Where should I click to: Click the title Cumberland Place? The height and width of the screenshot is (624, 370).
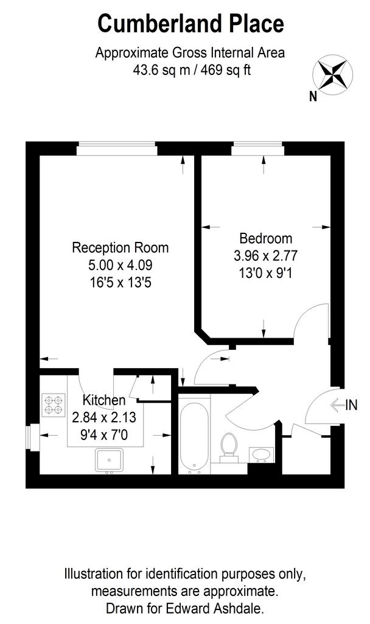pos(190,24)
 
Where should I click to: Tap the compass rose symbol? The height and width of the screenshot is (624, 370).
pos(332,75)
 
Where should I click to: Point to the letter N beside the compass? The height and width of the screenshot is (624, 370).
pos(313,96)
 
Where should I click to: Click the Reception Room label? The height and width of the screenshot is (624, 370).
pos(120,247)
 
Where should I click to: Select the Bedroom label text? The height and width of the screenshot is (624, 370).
pos(265,238)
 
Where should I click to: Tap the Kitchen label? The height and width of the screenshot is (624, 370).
pos(103,400)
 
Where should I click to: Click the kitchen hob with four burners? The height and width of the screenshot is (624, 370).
pos(54,405)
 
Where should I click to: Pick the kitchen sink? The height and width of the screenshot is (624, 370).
pos(109,461)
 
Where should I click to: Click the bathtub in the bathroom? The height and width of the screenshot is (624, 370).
pos(194,434)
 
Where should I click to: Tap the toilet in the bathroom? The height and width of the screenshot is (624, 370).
pos(229,448)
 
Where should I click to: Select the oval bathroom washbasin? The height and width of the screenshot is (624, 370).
pos(261,455)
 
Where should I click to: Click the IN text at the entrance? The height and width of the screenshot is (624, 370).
pos(351,405)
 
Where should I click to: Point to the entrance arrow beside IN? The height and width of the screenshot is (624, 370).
pos(337,405)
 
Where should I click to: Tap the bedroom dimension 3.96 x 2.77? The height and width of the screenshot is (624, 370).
pos(265,255)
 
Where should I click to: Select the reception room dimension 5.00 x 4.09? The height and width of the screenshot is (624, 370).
pos(120,264)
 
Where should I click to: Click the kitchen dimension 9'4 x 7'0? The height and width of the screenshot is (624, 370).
pos(104,434)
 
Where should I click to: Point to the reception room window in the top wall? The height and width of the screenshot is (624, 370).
pos(117,149)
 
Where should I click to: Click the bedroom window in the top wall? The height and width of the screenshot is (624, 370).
pos(258,149)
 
